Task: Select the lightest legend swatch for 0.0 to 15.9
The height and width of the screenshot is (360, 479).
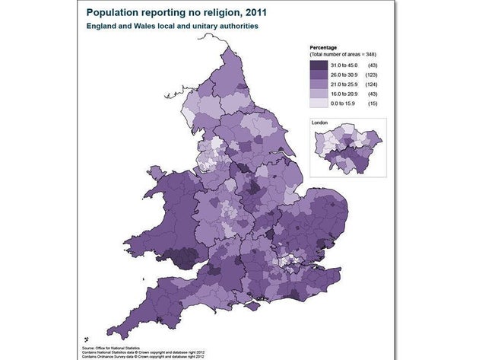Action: (x=316, y=102)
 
